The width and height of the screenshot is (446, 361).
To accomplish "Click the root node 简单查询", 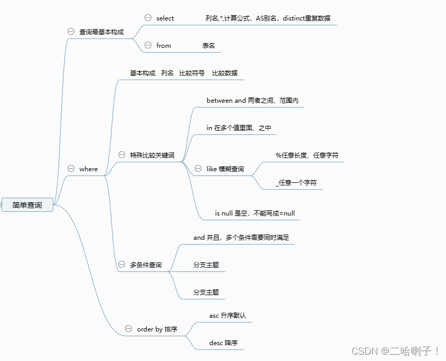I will click(x=27, y=204).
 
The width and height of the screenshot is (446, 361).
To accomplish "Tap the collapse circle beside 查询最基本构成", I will click(x=71, y=32).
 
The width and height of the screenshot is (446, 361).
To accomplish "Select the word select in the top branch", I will click(x=165, y=18).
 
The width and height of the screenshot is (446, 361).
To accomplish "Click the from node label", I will click(x=164, y=46).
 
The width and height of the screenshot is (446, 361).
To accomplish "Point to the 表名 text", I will click(x=208, y=46).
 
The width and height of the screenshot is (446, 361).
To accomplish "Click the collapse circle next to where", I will click(x=71, y=169).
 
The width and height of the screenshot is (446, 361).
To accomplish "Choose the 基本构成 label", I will click(x=143, y=73).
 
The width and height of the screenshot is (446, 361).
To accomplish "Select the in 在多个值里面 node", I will click(x=239, y=128).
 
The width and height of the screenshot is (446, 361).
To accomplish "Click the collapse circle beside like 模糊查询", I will click(x=198, y=169).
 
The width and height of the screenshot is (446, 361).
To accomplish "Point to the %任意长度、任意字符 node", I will click(x=307, y=155).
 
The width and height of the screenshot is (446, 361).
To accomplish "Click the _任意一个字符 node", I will click(x=296, y=183).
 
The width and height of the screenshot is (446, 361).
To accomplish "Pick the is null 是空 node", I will click(x=254, y=213).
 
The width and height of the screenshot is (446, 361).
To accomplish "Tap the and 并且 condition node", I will click(x=241, y=238).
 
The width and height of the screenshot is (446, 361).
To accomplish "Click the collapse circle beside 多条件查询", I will click(x=122, y=265).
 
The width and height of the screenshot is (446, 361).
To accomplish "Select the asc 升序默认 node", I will click(x=227, y=316).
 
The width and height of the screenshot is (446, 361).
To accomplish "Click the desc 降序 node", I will click(x=223, y=343).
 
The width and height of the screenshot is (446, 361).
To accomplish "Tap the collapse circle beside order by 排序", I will click(x=128, y=329).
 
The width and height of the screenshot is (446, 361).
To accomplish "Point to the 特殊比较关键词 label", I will click(x=152, y=155).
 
